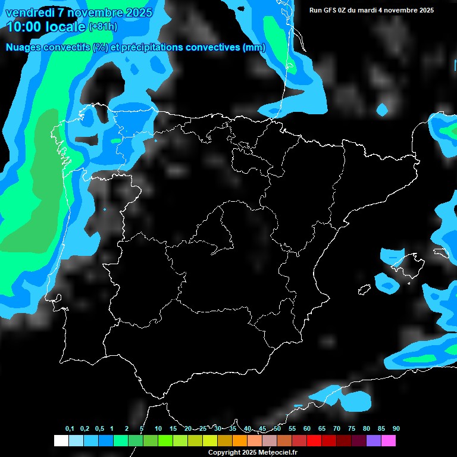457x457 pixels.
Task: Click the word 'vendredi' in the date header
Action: (x=29, y=12)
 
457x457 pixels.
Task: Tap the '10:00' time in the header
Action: (x=24, y=27)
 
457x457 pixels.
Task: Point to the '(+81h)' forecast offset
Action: (x=103, y=27)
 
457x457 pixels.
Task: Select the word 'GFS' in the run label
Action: (x=332, y=10)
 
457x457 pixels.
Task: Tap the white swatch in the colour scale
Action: (x=61, y=440)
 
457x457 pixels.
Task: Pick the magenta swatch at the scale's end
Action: (x=389, y=440)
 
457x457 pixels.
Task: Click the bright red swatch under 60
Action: (x=314, y=440)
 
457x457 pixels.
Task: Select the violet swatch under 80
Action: (x=374, y=440)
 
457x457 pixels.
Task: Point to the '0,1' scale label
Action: (x=70, y=429)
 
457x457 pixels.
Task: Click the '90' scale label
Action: (x=396, y=429)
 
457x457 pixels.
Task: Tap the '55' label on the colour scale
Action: (x=292, y=429)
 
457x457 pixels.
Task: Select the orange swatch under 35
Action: (x=240, y=440)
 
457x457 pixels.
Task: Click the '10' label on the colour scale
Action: (x=158, y=429)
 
